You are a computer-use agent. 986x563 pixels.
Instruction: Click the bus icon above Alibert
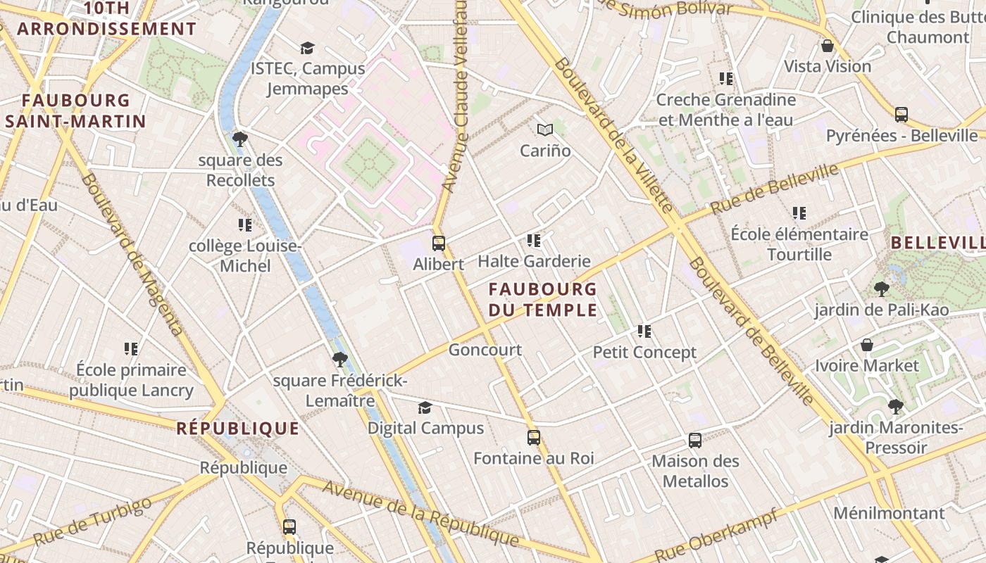[439, 243]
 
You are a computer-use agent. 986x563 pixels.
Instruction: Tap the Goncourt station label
[485, 350]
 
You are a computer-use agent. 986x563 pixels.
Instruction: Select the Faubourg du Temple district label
[542, 299]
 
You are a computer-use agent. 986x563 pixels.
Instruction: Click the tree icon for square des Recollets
[240, 139]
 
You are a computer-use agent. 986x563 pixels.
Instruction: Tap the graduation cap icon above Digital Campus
[425, 407]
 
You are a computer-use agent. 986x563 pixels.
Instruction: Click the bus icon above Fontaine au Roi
[534, 438]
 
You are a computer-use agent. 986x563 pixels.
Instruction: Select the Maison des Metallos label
[695, 472]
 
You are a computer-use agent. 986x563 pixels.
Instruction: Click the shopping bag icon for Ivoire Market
[867, 345]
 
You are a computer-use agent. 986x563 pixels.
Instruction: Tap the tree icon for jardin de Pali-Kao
[881, 289]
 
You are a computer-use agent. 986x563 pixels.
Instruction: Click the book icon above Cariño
[545, 129]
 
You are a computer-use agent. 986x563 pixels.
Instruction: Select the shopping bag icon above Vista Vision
[828, 46]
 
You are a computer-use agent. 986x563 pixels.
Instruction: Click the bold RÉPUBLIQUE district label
[237, 429]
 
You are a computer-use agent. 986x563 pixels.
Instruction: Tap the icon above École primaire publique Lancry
[131, 348]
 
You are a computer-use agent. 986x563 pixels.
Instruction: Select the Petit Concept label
[644, 353]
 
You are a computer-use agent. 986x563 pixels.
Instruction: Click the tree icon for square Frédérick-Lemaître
[340, 360]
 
